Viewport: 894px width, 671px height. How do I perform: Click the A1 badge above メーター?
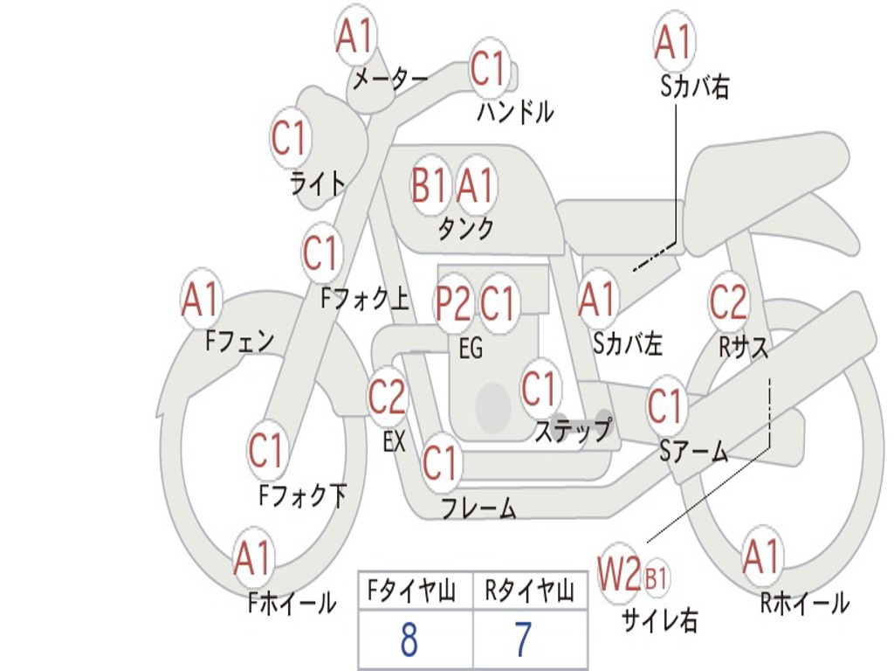355,36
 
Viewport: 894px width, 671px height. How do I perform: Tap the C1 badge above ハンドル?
489,68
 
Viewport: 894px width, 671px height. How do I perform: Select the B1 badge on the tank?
429,185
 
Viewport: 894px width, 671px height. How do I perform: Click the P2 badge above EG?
453,302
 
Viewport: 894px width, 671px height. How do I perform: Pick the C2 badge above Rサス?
727,301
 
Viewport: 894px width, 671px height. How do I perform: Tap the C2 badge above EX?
387,396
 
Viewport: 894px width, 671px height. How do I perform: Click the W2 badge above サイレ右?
619,573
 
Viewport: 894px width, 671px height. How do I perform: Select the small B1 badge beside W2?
656,578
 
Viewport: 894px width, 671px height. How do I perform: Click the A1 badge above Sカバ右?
674,42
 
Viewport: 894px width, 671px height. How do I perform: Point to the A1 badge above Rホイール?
761,557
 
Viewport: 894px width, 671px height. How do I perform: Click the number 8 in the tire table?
409,640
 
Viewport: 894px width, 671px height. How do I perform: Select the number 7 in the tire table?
524,640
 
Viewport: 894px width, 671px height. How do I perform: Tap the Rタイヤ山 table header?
530,591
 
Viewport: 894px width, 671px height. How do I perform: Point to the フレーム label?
479,508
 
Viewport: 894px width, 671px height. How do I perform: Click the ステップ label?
574,430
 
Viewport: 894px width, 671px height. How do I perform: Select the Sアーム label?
694,453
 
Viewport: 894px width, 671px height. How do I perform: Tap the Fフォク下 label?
303,495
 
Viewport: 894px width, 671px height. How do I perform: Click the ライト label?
318,183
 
